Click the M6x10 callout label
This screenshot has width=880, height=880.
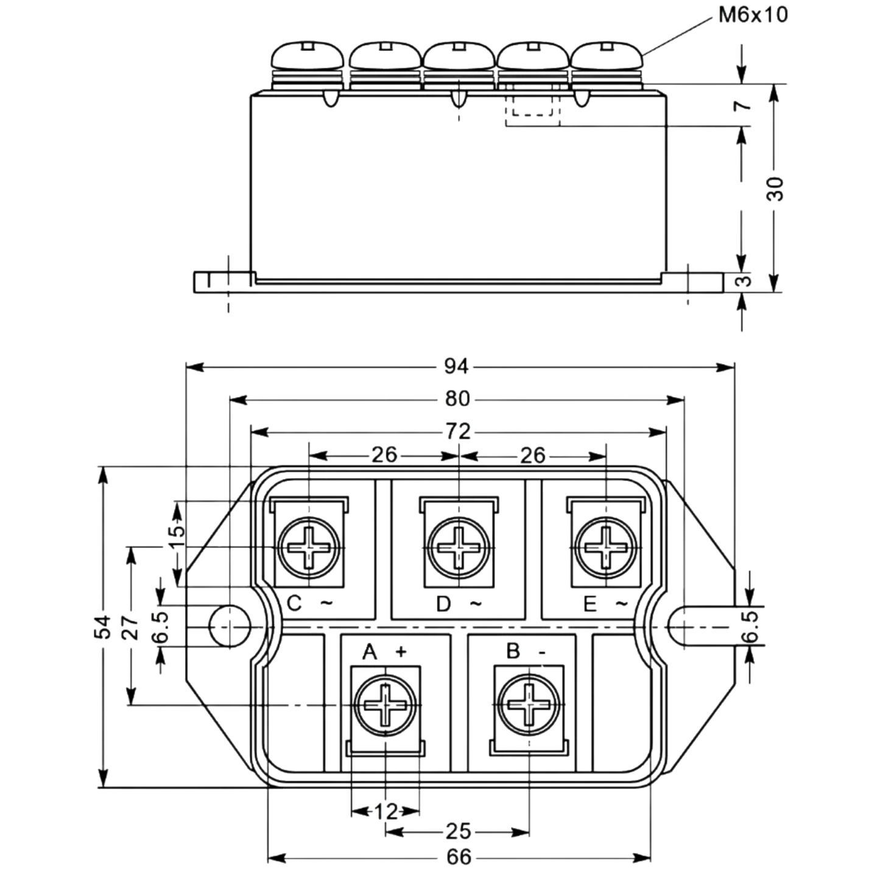pos(753,15)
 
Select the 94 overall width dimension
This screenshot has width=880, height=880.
pos(456,367)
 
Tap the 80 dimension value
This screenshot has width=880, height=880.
pos(457,399)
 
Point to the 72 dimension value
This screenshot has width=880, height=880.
pos(458,431)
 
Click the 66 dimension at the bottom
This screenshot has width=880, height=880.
pos(459,857)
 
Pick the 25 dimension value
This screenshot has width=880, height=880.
pos(458,832)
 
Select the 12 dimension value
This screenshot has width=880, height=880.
pos(386,812)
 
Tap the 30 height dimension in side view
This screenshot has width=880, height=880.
pos(775,189)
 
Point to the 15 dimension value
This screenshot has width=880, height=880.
pos(178,538)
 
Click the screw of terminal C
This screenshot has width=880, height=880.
pos(309,547)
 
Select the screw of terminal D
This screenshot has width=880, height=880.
pos(458,547)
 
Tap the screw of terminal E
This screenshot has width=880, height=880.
pos(606,547)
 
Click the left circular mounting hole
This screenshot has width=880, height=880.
pos(230,627)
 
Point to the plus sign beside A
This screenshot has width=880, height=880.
pos(401,652)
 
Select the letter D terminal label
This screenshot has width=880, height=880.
pos(443,604)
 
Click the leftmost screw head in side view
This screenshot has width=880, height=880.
pos(307,55)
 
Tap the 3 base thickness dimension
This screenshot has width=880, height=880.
pos(745,280)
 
